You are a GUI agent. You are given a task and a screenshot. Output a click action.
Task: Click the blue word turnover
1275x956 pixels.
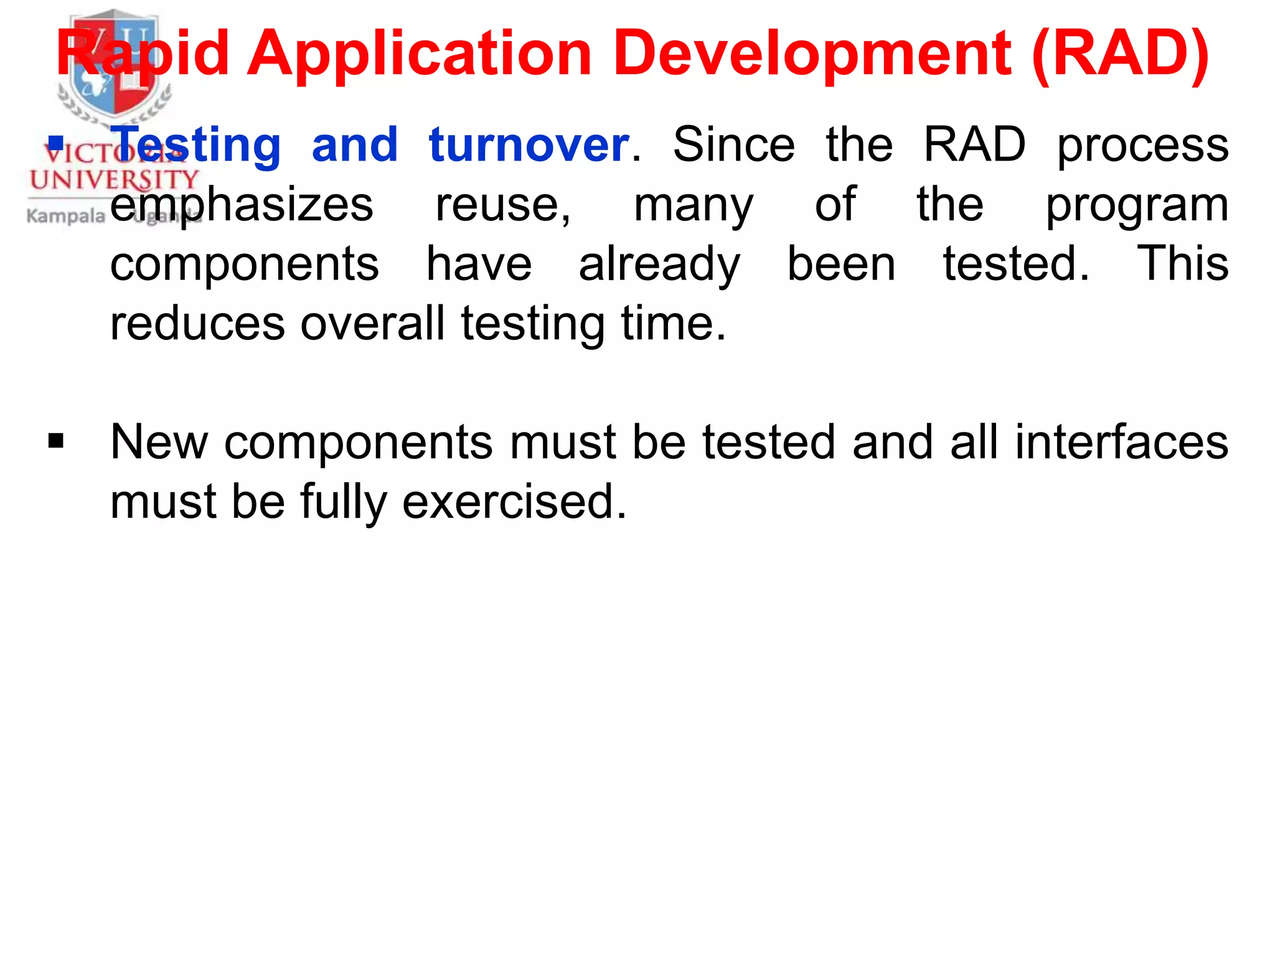pyautogui.click(x=529, y=145)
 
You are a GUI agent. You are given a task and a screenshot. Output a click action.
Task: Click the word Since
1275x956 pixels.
pyautogui.click(x=733, y=145)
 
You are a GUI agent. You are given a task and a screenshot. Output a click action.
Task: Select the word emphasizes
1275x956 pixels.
pyautogui.click(x=242, y=205)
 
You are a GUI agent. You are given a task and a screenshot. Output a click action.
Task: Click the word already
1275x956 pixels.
pyautogui.click(x=659, y=265)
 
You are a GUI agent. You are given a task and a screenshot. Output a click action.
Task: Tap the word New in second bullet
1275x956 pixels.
pyautogui.click(x=159, y=443)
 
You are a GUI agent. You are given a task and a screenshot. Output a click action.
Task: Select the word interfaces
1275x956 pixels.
pyautogui.click(x=1121, y=443)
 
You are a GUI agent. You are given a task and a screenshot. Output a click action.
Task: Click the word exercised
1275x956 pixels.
pyautogui.click(x=514, y=502)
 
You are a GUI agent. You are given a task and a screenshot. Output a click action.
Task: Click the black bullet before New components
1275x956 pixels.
pyautogui.click(x=56, y=441)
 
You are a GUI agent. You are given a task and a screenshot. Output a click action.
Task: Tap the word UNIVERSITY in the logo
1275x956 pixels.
pyautogui.click(x=113, y=180)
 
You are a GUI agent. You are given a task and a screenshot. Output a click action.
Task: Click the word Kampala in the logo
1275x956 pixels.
pyautogui.click(x=66, y=216)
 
